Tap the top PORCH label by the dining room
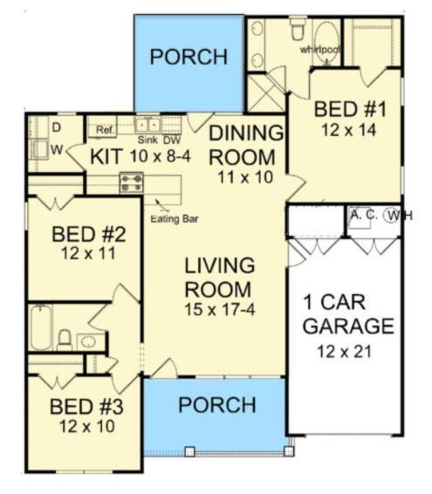click(x=189, y=57)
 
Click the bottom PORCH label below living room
click(x=216, y=406)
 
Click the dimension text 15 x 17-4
click(x=219, y=309)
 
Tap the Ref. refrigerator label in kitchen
click(x=106, y=130)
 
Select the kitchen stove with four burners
click(x=132, y=182)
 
